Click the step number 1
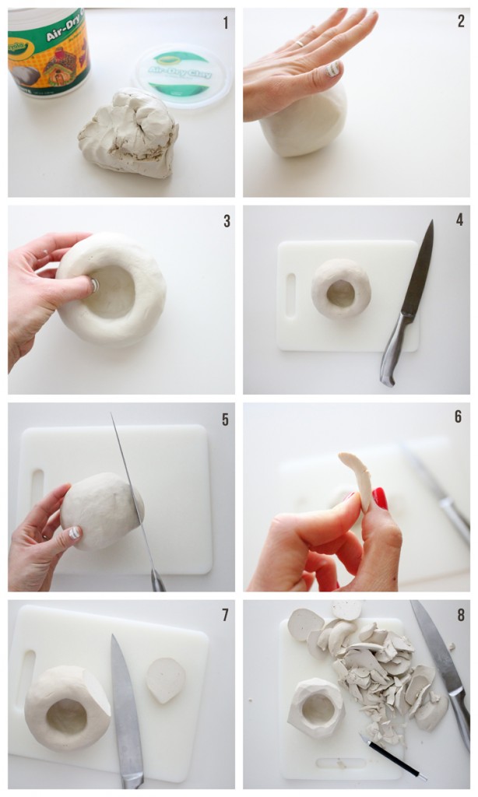coord(226,23)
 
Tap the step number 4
coord(459,220)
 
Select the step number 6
coord(459,417)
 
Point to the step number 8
coord(460,615)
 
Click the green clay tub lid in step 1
coord(181,75)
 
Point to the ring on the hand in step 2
coord(299,44)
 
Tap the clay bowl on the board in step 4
coord(341,289)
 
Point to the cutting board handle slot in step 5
coord(37,487)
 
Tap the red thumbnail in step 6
coord(380,498)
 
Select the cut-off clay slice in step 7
coord(166,679)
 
